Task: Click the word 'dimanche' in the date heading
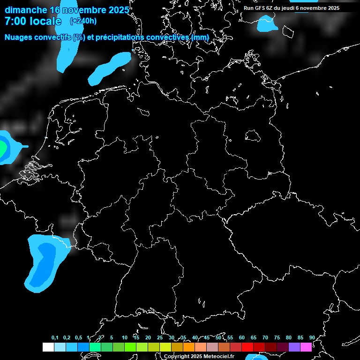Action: (x=26, y=10)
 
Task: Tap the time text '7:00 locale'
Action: (x=33, y=21)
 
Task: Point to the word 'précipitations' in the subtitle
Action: (x=120, y=37)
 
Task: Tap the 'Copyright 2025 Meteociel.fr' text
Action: (x=199, y=356)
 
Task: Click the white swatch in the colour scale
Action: (x=48, y=347)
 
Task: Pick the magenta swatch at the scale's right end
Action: (x=306, y=347)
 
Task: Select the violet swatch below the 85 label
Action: (x=294, y=347)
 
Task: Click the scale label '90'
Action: (x=312, y=337)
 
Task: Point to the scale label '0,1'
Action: (x=55, y=337)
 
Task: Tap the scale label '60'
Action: (x=241, y=337)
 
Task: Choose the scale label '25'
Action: (x=159, y=337)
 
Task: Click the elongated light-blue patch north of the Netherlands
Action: (x=110, y=68)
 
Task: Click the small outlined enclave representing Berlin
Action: (x=253, y=135)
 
